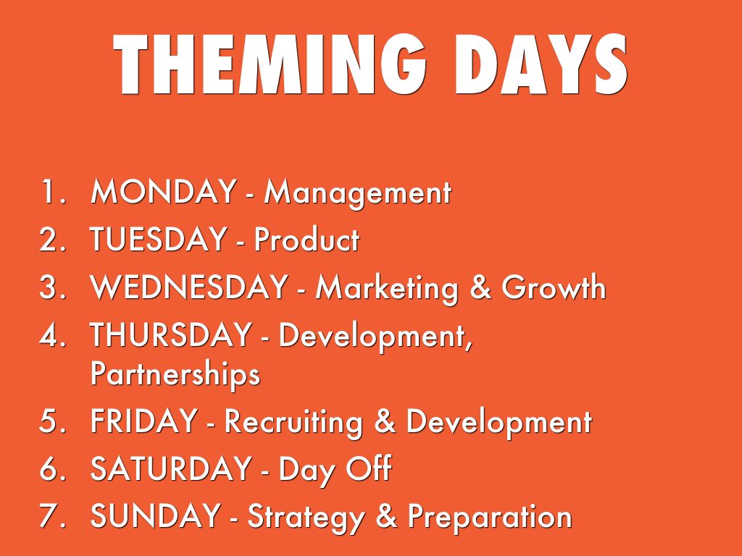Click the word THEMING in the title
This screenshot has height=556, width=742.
click(270, 64)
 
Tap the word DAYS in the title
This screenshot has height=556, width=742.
click(541, 64)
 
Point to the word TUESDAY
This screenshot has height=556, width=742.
click(158, 238)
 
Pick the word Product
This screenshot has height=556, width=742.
click(307, 238)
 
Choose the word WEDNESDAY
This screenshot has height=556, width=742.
click(189, 287)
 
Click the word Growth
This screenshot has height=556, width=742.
click(554, 287)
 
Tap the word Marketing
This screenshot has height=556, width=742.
click(387, 289)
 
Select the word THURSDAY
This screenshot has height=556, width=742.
click(170, 334)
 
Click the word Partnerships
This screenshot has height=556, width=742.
click(175, 374)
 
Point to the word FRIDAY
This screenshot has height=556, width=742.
click(144, 421)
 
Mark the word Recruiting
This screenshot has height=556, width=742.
click(293, 423)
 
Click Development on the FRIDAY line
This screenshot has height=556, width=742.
click(499, 423)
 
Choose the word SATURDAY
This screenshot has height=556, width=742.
click(170, 468)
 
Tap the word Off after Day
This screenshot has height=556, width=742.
click(369, 468)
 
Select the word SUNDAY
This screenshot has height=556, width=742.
click(155, 515)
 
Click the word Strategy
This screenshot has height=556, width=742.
click(307, 518)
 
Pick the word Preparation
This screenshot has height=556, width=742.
click(490, 518)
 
